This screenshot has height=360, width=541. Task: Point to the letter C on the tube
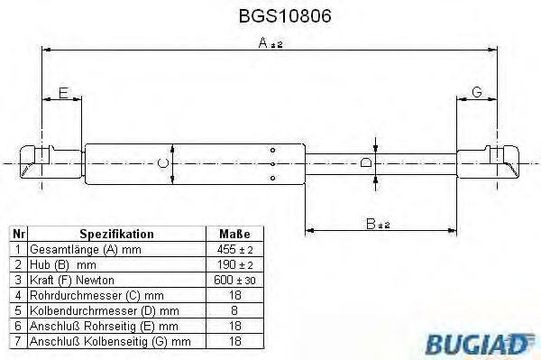(x=162, y=162)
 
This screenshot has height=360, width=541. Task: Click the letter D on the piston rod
(x=365, y=163)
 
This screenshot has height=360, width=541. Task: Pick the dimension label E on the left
(x=62, y=93)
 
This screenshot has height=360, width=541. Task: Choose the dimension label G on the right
(x=477, y=93)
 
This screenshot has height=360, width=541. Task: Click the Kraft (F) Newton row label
(x=72, y=279)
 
